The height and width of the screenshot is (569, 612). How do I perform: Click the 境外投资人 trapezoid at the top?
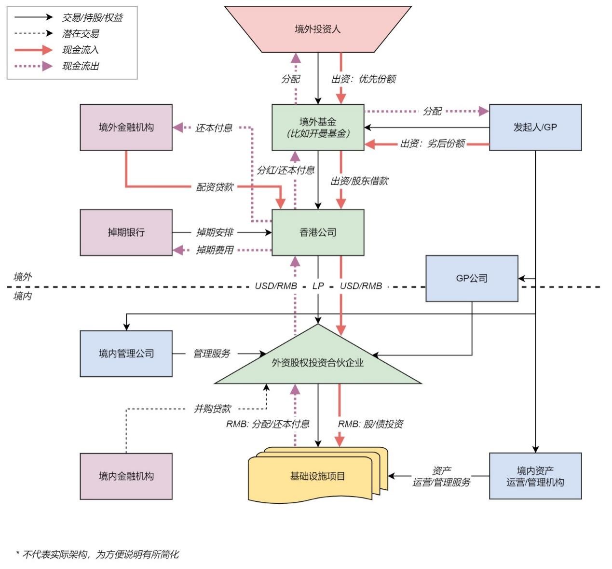(x=318, y=29)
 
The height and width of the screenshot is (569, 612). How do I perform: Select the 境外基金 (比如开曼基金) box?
(x=318, y=127)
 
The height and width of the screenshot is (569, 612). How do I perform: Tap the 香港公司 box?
(x=318, y=232)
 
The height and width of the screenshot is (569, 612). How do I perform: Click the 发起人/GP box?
(x=535, y=127)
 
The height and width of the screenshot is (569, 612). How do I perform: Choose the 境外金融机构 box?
(x=126, y=127)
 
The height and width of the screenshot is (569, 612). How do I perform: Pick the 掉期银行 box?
(x=126, y=232)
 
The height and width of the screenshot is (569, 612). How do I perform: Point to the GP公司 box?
(x=472, y=278)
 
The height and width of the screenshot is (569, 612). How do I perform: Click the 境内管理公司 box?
(x=126, y=354)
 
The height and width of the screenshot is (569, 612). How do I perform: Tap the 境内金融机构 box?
(x=126, y=476)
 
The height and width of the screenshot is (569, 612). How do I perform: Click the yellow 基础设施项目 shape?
(x=318, y=475)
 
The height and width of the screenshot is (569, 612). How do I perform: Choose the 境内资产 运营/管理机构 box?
(x=535, y=476)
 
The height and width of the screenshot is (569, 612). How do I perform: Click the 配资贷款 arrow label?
(x=215, y=187)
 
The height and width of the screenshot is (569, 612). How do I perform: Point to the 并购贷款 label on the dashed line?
(x=212, y=409)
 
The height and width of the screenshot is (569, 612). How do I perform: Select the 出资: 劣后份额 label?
(x=432, y=143)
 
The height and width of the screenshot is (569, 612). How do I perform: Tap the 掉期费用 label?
(x=215, y=250)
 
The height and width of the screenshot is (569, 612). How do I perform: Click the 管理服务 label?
(x=212, y=354)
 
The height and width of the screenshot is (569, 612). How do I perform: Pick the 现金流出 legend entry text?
(x=81, y=66)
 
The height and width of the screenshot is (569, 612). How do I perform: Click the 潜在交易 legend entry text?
(x=81, y=34)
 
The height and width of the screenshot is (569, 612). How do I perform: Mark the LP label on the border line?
(x=318, y=286)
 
